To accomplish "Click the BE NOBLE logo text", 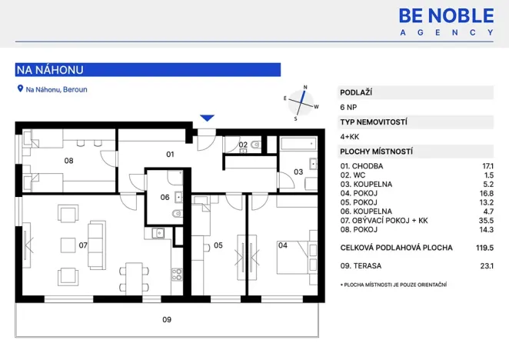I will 446,15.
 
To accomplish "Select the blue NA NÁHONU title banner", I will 148,70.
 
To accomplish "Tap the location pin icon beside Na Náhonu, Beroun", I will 20,89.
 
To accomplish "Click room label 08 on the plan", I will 68,161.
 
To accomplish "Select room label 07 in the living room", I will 83,246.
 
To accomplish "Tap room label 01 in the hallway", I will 171,154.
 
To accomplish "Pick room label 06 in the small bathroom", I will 165,197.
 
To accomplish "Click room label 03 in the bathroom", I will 298,172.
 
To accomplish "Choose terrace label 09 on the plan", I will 166,319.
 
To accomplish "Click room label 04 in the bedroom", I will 282,246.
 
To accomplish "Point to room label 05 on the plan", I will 218,246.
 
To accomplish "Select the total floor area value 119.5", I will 484,248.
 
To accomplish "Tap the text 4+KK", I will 351,136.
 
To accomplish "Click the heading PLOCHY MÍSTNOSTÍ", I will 377,152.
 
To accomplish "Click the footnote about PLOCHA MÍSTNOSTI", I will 393,285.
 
